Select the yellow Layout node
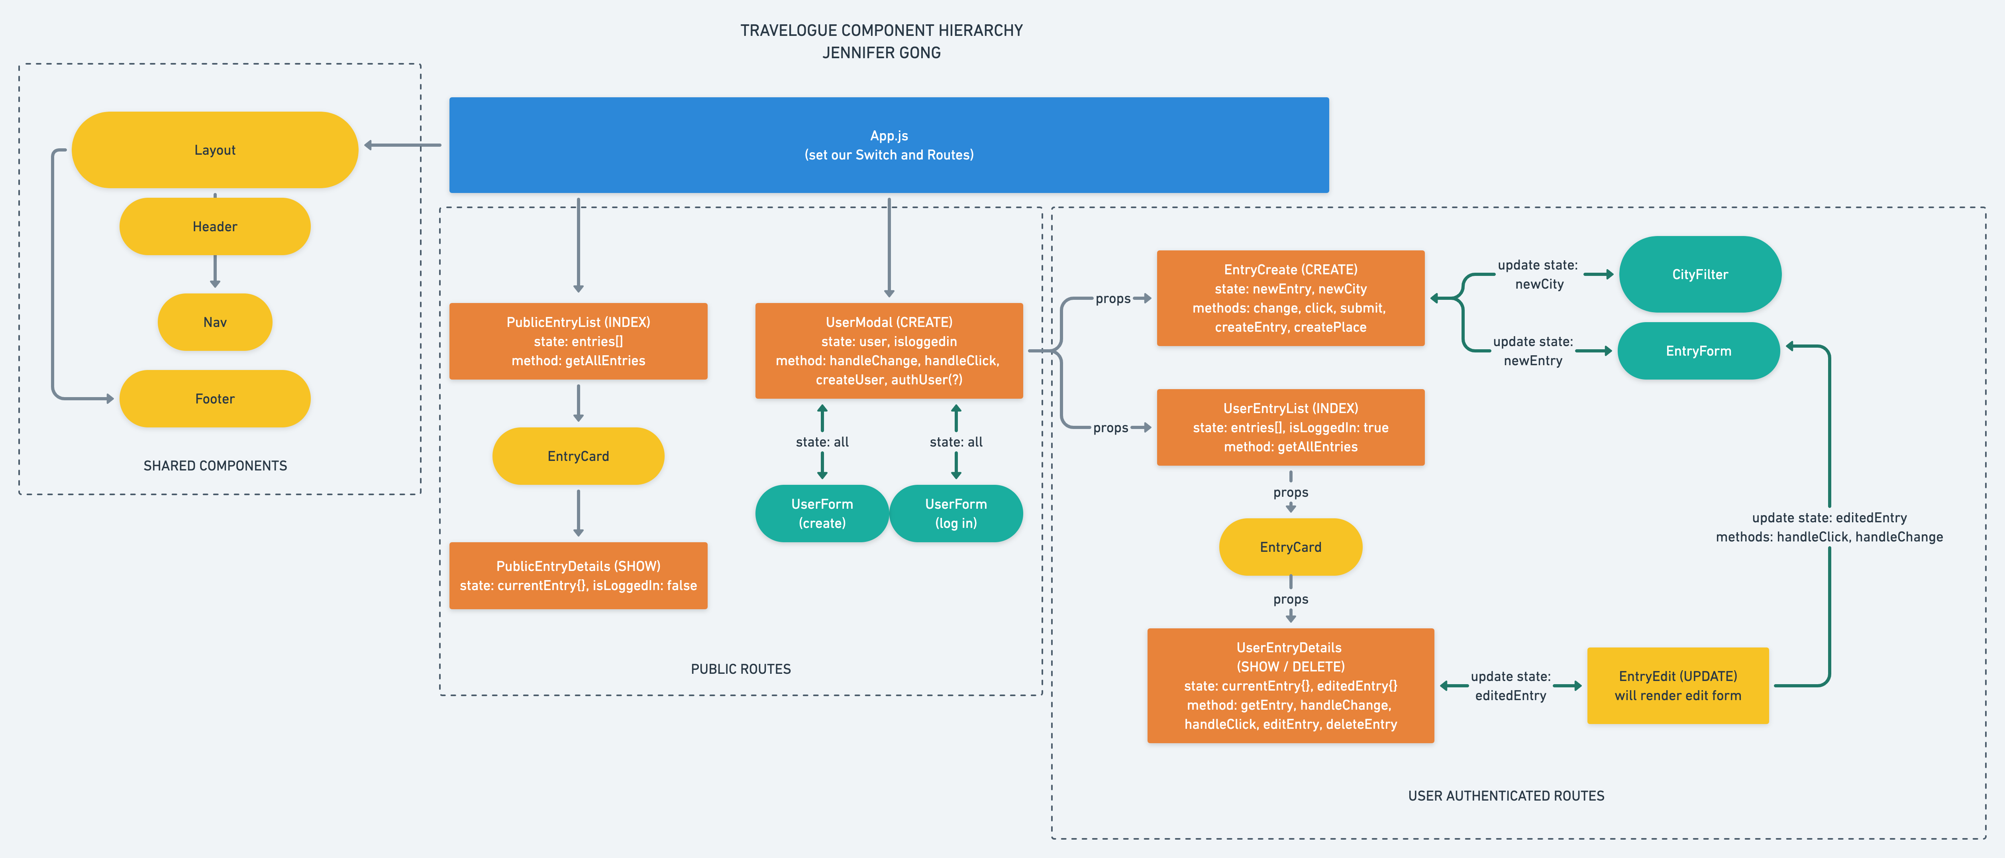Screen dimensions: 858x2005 click(x=215, y=150)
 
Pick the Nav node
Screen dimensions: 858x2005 click(x=215, y=322)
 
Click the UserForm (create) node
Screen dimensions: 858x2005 click(x=822, y=513)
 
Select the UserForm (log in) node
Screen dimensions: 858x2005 click(x=956, y=513)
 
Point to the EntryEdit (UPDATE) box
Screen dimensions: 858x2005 click(x=1677, y=685)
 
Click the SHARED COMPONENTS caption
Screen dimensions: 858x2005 click(x=215, y=466)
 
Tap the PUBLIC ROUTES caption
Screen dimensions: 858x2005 click(x=740, y=669)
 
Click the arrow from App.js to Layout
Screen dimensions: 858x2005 click(x=403, y=145)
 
